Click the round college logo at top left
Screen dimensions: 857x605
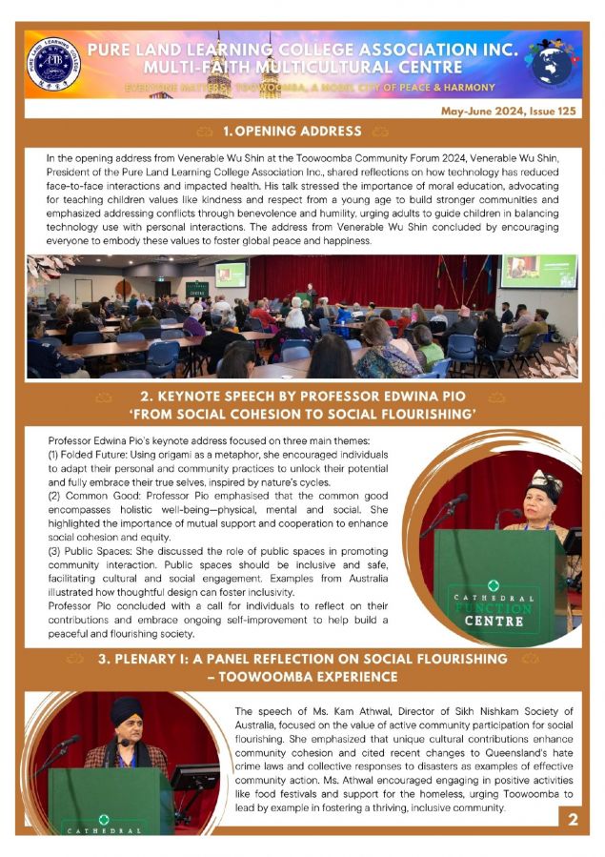[x=53, y=63]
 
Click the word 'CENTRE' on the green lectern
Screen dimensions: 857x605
[x=494, y=621]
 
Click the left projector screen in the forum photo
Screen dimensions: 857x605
[x=230, y=274]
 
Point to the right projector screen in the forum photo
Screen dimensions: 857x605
[x=538, y=270]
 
